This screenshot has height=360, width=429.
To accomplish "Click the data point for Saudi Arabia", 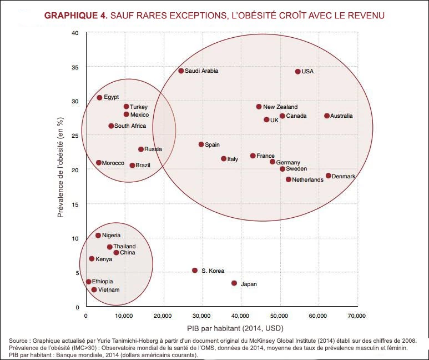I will pos(181,71).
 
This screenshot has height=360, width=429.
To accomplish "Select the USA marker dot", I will pos(298,72).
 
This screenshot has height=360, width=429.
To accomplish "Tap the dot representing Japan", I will pos(234,283).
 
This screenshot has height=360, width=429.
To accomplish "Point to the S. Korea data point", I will pos(195,271).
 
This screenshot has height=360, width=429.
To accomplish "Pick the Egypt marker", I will pos(99,98).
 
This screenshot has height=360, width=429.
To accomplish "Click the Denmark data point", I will pos(329,176).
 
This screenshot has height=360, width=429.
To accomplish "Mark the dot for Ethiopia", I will pos(88,282).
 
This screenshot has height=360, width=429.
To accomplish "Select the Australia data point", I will pos(327,116).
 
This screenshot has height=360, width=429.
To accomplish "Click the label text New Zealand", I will pos(280,107).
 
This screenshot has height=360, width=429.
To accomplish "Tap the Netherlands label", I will pos(307,179).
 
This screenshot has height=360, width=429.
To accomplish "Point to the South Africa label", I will pos(130,126).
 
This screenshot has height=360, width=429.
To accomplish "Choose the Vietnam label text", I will pos(108,289).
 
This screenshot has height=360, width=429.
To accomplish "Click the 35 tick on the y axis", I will pos(75,67).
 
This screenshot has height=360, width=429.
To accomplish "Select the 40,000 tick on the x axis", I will pos(240,316).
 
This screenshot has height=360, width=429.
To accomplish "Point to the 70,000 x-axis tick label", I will pos(356,316).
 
